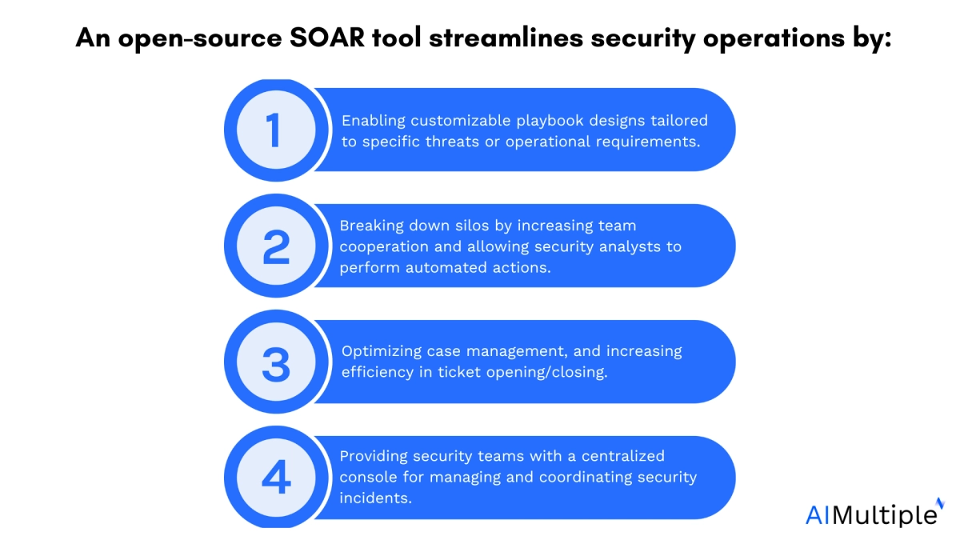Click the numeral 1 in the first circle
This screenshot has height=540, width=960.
pyautogui.click(x=274, y=130)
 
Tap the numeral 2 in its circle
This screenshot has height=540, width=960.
pyautogui.click(x=276, y=247)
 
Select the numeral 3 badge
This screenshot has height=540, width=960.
pyautogui.click(x=276, y=363)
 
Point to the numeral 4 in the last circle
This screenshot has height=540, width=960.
pyautogui.click(x=276, y=478)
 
